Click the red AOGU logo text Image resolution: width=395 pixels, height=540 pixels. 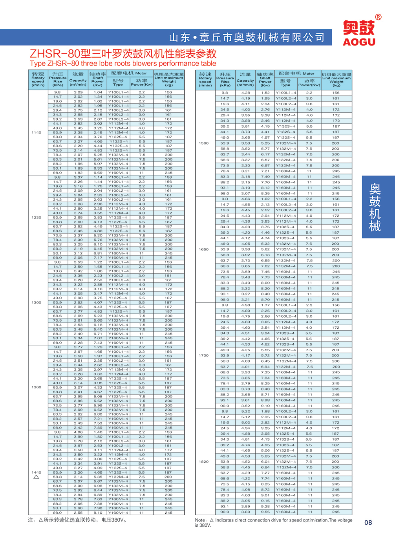coord(359,42)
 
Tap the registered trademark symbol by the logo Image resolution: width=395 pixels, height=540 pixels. coord(378,17)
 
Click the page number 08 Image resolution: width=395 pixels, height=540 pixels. coord(368,522)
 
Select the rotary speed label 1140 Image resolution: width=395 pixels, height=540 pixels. coord(37,133)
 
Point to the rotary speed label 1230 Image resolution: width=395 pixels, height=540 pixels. coord(37,218)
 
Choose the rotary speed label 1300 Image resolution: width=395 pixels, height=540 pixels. coord(37,302)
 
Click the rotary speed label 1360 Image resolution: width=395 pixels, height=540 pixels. coord(37,387)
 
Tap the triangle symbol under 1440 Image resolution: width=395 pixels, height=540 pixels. coord(36,477)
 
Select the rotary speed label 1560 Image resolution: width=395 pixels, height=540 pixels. coord(204,143)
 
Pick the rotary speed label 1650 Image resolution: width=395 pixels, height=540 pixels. coord(204,249)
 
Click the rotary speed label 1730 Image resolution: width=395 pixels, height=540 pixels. coord(204,355)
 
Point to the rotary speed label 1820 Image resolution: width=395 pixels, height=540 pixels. coord(204,462)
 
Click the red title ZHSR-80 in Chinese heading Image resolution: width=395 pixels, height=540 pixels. coord(123,53)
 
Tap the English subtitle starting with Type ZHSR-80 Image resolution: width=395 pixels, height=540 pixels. coord(123,64)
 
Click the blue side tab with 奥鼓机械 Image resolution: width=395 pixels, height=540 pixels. coord(375,207)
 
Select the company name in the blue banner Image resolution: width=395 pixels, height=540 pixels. coord(247,38)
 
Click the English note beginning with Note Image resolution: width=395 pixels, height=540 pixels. coord(273,522)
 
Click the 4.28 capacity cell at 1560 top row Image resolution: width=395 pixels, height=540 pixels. coord(245,93)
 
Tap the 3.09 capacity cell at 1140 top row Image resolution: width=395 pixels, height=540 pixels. coord(78,92)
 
